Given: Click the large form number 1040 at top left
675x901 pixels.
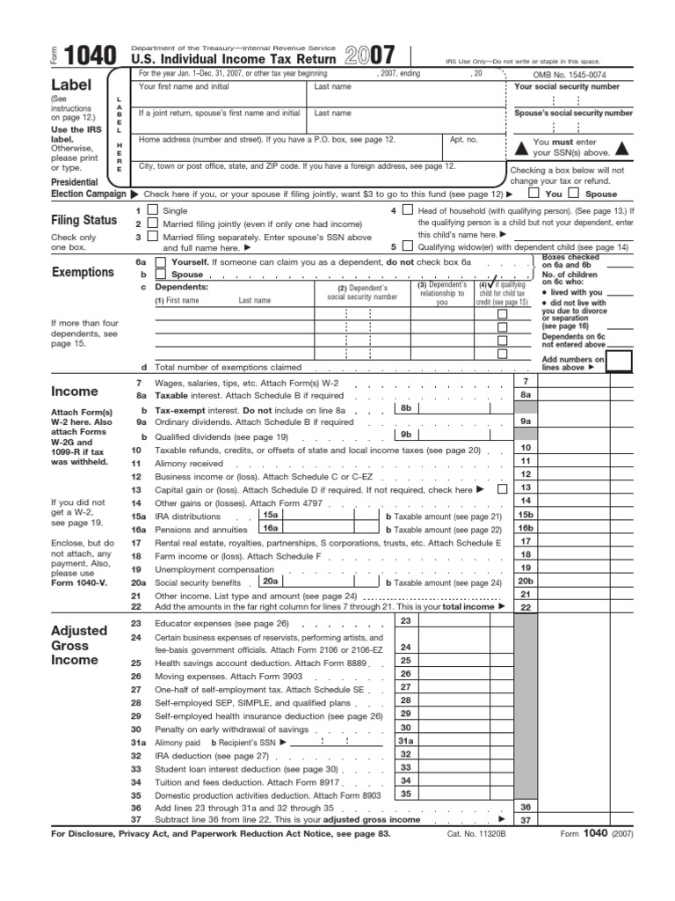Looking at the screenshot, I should point(91,56).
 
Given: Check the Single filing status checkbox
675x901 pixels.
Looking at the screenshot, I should point(153,210).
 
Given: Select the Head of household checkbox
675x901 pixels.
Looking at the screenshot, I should point(407,210).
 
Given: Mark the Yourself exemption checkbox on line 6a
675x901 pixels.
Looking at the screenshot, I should point(159,262).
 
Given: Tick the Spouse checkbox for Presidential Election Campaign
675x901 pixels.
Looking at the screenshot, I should point(574,193).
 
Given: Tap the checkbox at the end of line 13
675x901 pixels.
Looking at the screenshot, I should point(502,488).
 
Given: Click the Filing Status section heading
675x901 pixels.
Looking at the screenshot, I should point(84,220).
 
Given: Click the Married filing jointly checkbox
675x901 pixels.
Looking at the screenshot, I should point(153,223).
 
